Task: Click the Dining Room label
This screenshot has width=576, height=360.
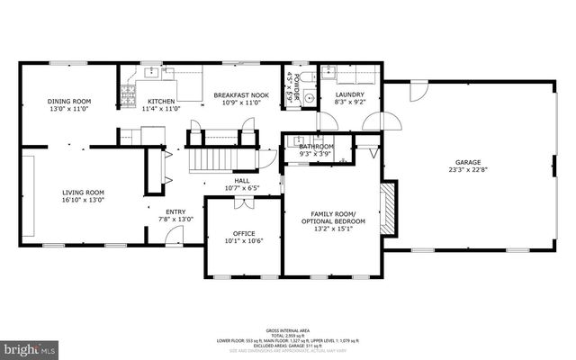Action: [68, 101]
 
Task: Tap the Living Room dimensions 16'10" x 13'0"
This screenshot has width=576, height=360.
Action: [83, 200]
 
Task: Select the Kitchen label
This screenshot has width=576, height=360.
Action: [161, 101]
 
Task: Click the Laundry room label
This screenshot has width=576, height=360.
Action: [349, 94]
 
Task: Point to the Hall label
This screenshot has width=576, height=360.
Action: [242, 181]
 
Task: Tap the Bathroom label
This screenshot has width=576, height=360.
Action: [316, 146]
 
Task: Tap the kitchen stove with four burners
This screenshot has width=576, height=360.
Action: [128, 94]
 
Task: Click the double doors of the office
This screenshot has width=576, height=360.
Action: [242, 203]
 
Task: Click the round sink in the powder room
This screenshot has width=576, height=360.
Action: [308, 98]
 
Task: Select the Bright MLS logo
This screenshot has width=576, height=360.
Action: [30, 346]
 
